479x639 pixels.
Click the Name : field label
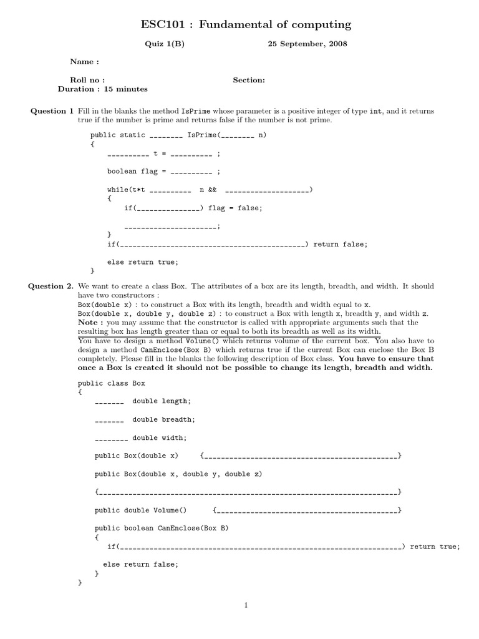[x=84, y=62]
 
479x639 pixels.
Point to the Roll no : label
[x=87, y=80]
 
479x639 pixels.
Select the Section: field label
[x=249, y=80]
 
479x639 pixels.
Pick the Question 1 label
[x=52, y=111]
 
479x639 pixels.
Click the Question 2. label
[x=51, y=286]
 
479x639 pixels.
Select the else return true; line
[x=142, y=262]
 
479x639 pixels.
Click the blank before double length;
[x=110, y=401]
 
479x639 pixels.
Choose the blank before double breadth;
[x=110, y=420]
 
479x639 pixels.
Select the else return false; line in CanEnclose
[x=140, y=564]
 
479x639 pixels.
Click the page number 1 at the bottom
[x=246, y=605]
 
